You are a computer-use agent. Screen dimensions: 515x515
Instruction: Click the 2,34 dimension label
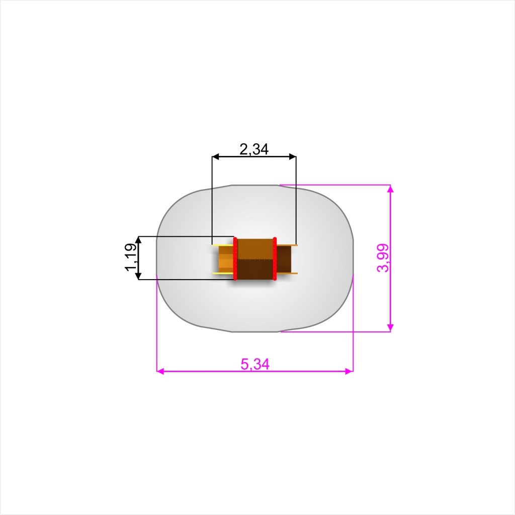[254, 149]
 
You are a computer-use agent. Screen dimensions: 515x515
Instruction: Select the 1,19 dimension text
[131, 257]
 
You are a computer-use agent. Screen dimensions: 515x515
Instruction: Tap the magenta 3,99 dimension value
[383, 258]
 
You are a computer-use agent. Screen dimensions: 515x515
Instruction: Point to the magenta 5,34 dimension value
[255, 364]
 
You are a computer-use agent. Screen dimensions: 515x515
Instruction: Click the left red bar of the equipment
[235, 259]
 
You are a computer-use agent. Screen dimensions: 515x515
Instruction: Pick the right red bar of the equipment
[275, 259]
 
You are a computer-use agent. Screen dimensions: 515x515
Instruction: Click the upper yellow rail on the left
[223, 245]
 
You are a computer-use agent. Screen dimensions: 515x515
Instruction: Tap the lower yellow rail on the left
[223, 273]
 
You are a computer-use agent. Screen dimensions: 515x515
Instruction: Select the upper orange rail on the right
[287, 245]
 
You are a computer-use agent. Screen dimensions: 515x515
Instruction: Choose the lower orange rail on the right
[287, 273]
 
